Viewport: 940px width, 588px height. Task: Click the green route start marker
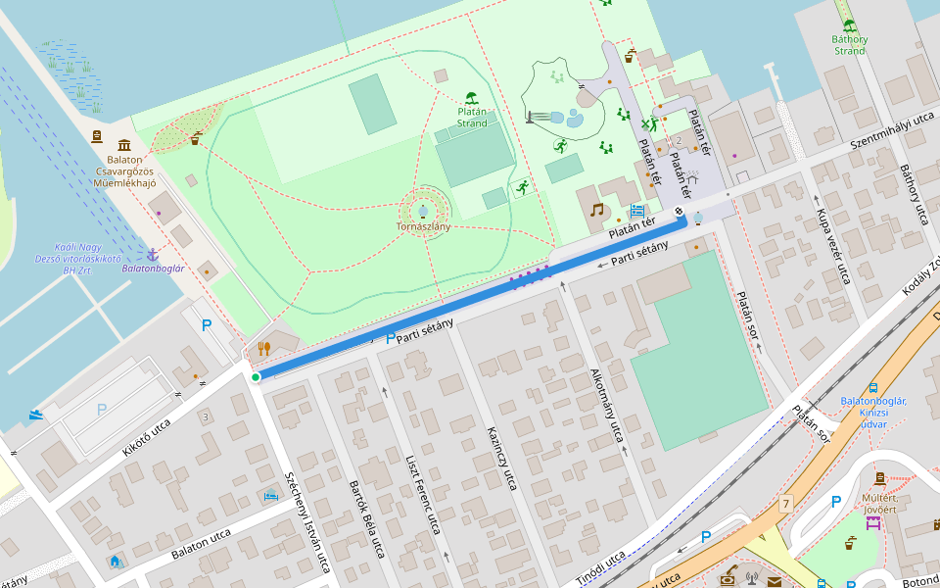click(x=256, y=377)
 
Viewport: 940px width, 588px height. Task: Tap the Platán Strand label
click(x=472, y=118)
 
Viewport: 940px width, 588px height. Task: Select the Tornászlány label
click(x=423, y=227)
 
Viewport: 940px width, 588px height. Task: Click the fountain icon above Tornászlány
click(x=423, y=211)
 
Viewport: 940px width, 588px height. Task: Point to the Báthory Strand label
click(x=849, y=45)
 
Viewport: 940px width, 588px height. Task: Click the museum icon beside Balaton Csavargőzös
click(x=124, y=142)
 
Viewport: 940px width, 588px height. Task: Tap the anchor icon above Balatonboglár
click(x=152, y=254)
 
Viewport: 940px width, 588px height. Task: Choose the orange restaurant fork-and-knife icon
click(x=263, y=348)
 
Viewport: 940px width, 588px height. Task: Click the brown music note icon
click(x=596, y=210)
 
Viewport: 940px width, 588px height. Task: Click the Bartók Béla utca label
click(x=365, y=518)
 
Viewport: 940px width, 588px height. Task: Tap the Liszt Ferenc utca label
click(x=423, y=494)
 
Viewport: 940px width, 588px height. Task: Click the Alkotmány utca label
click(x=607, y=406)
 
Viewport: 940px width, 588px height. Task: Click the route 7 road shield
click(x=785, y=504)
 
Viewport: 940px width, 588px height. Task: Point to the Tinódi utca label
click(x=600, y=568)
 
